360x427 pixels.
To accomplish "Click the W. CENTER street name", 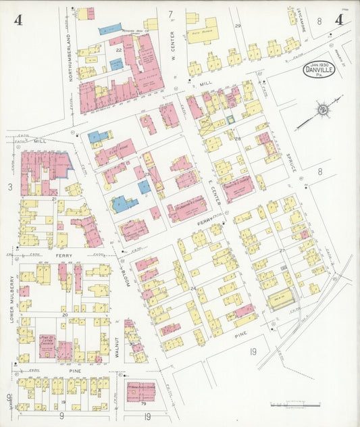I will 173,43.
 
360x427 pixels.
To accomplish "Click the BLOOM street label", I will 126,274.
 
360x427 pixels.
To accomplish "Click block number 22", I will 118,49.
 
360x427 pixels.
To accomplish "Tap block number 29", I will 238,26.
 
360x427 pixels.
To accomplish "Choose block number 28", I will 238,138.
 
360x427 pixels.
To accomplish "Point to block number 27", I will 282,249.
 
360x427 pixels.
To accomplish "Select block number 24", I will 193,289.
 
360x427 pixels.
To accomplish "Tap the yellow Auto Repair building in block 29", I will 202,30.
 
